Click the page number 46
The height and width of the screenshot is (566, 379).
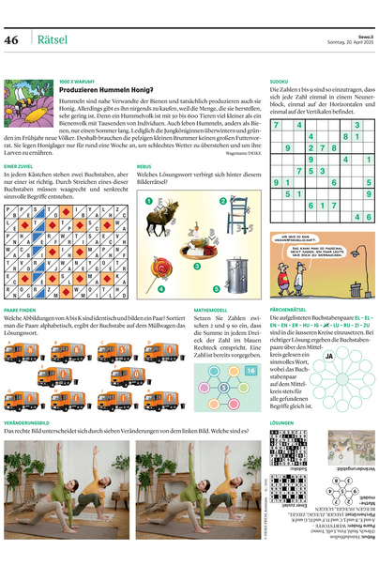12,39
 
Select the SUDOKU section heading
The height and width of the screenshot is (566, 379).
279,82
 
